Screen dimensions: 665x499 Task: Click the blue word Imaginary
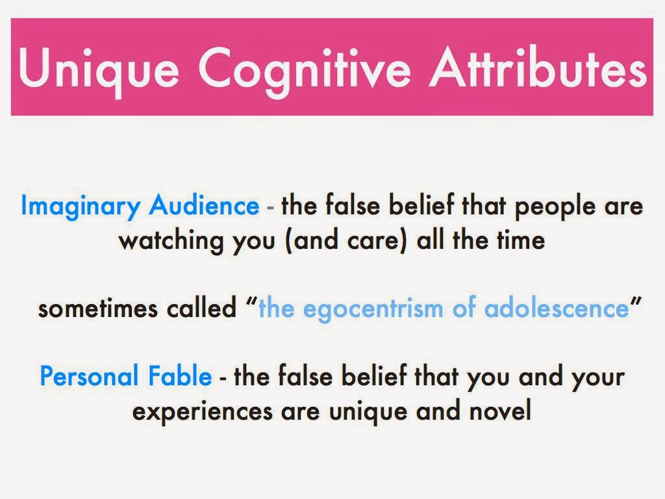(80, 207)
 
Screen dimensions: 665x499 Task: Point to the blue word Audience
(204, 205)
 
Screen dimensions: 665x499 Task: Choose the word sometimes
(98, 309)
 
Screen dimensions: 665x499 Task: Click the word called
(201, 307)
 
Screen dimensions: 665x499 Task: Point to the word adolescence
(557, 308)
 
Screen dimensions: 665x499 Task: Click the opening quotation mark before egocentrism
(252, 301)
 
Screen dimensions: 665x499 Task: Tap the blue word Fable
(180, 376)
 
